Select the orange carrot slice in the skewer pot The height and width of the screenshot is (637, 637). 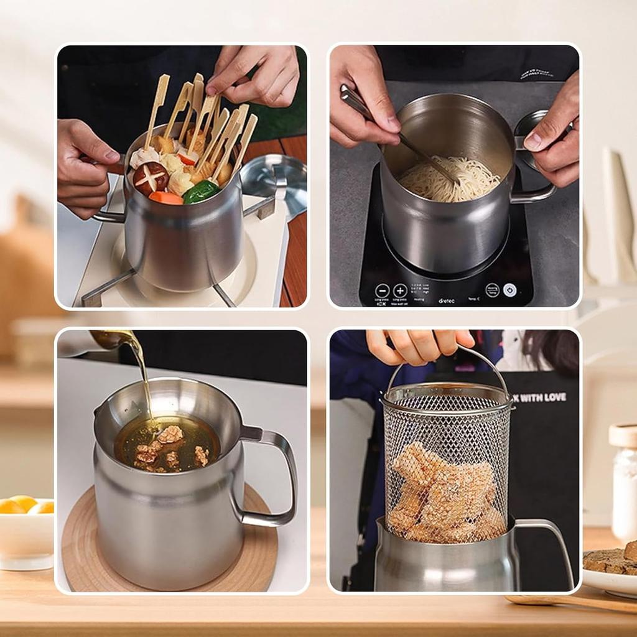(x=166, y=198)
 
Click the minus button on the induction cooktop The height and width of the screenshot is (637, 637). (x=382, y=291)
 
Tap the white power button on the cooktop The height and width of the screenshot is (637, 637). (x=509, y=290)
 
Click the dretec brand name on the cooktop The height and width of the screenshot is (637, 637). (x=446, y=300)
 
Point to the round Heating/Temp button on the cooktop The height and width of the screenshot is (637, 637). (x=492, y=290)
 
